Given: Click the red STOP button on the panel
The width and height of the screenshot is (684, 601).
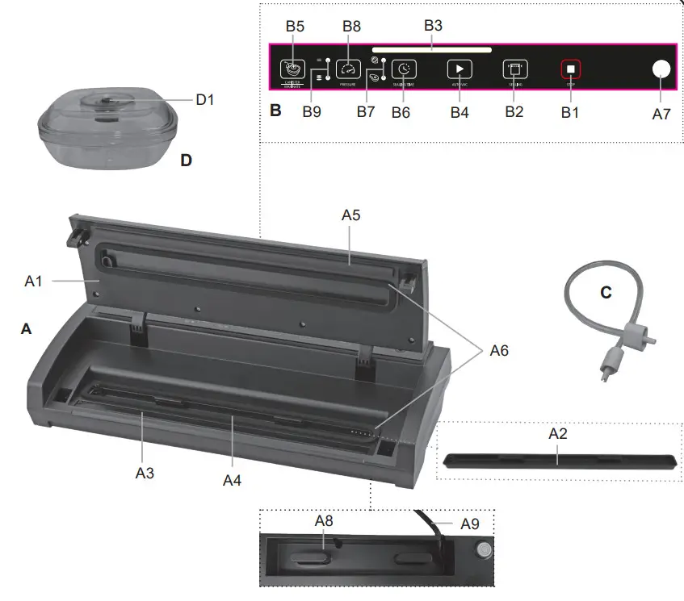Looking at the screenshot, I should pyautogui.click(x=570, y=69).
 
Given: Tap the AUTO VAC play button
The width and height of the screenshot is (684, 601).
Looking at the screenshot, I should pyautogui.click(x=459, y=69).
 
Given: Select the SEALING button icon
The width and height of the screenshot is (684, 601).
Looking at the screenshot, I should pyautogui.click(x=514, y=69).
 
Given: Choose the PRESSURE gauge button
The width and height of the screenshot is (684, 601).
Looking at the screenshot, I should pyautogui.click(x=349, y=69).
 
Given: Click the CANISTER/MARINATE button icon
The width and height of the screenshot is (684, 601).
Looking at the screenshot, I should pyautogui.click(x=292, y=69).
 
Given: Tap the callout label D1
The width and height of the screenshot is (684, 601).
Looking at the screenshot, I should pyautogui.click(x=206, y=99).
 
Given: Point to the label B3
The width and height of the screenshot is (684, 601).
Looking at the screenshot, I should pyautogui.click(x=433, y=25).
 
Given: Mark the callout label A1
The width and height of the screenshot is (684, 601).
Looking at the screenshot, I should pyautogui.click(x=34, y=282).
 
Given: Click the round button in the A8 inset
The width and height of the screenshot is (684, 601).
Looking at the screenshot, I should pyautogui.click(x=483, y=551).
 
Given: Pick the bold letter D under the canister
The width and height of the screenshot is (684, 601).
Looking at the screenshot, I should pyautogui.click(x=186, y=161).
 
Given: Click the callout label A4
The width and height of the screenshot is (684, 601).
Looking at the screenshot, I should pyautogui.click(x=232, y=480).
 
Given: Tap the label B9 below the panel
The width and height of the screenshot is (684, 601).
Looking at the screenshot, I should pyautogui.click(x=312, y=112).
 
